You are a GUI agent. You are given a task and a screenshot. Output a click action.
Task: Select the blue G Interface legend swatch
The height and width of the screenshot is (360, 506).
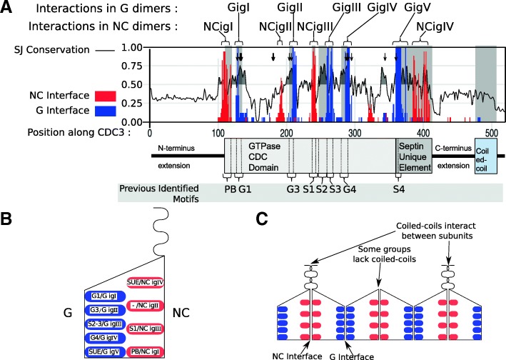pyautogui.click(x=125, y=109)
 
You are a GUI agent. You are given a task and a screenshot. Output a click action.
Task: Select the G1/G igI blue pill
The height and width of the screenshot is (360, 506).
pyautogui.click(x=99, y=294)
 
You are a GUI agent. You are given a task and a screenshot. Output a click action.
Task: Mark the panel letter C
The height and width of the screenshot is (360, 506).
pyautogui.click(x=261, y=219)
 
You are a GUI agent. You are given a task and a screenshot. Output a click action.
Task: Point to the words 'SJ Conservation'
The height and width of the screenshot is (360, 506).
pyautogui.click(x=55, y=49)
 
